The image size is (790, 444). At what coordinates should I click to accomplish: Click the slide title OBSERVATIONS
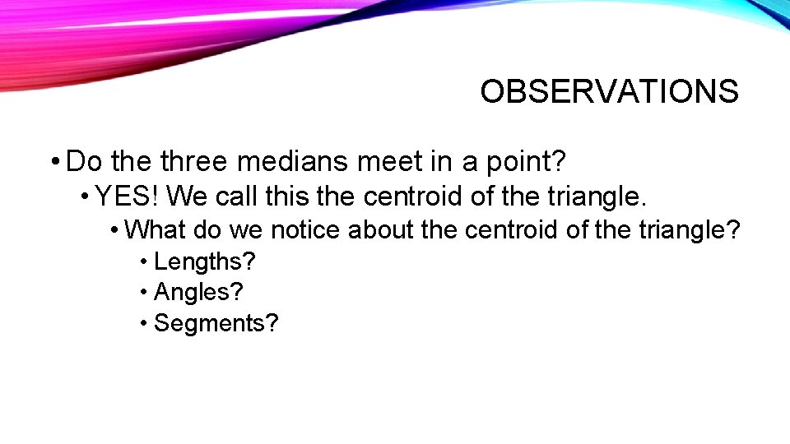(609, 91)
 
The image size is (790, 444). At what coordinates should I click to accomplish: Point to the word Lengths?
(205, 261)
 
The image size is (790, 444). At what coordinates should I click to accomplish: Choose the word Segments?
(216, 323)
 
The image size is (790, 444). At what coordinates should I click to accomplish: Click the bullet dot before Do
(54, 162)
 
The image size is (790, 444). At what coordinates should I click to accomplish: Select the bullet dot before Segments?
(144, 324)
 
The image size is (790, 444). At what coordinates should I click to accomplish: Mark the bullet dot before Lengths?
(144, 262)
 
